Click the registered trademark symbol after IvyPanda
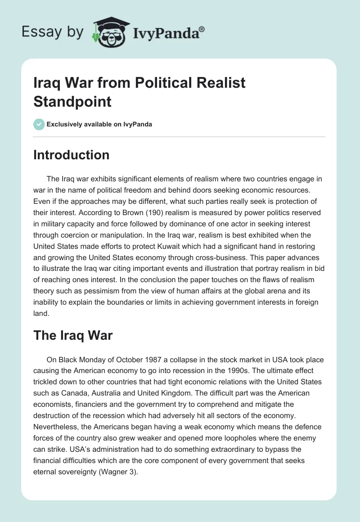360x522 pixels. point(202,29)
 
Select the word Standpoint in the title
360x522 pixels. point(72,101)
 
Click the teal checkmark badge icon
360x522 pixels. point(39,124)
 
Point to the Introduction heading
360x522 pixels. point(72,155)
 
